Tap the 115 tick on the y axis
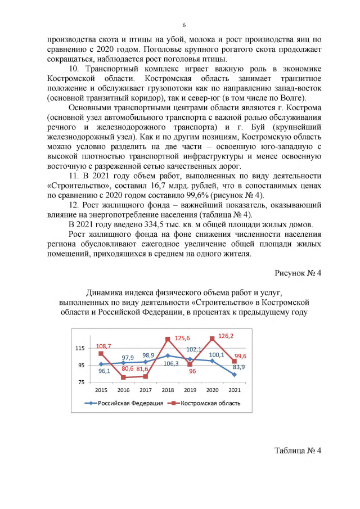(x=80, y=349)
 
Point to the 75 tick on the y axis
(x=82, y=382)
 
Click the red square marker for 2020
(x=212, y=339)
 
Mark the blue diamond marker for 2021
(x=234, y=375)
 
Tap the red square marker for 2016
(x=123, y=377)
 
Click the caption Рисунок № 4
(x=298, y=274)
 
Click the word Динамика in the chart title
(x=107, y=292)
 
